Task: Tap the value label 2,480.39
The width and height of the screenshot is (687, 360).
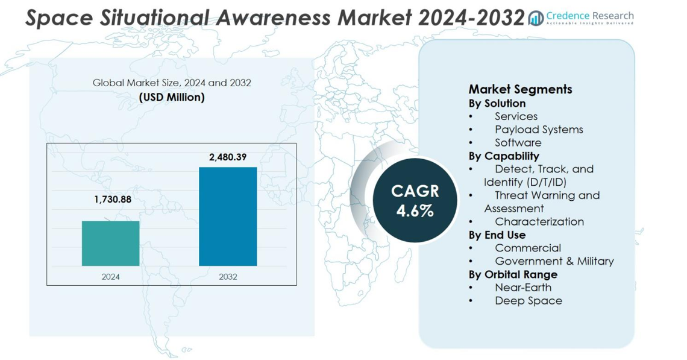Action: [x=228, y=157]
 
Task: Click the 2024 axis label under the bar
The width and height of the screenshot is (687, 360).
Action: [x=110, y=277]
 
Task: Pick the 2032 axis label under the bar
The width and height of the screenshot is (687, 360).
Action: [x=228, y=277]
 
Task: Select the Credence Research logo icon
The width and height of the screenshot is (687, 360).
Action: [x=536, y=19]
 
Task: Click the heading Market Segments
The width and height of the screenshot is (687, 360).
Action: [x=520, y=89]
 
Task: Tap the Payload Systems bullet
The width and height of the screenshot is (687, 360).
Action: [x=539, y=129]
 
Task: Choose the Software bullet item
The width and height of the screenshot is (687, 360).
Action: [x=518, y=142]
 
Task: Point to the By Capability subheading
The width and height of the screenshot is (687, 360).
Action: [x=504, y=156]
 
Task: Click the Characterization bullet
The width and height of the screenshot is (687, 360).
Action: [x=539, y=221]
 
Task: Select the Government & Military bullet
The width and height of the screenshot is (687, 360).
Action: [x=554, y=261]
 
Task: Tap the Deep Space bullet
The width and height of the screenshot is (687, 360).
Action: [x=528, y=300]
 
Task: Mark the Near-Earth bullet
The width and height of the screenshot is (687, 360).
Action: [x=522, y=287]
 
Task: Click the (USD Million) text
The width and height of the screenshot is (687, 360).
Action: [x=172, y=96]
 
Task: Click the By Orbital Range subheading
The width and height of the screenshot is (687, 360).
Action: [x=513, y=274]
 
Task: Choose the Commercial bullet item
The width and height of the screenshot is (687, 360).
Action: [x=527, y=248]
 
